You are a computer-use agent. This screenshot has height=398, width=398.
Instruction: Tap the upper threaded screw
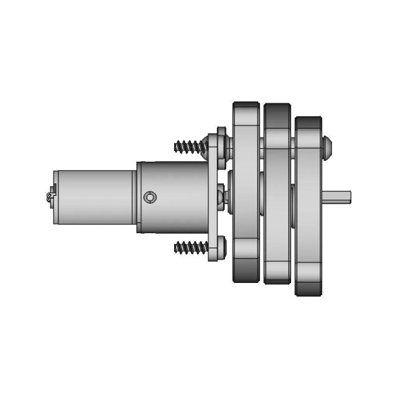(190, 147)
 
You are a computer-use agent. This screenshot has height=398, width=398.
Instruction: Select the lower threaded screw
(190, 247)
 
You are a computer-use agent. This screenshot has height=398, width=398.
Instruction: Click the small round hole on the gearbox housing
(150, 197)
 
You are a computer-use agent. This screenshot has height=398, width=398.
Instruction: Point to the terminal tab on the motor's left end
(50, 197)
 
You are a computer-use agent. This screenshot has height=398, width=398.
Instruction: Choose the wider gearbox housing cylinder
(173, 197)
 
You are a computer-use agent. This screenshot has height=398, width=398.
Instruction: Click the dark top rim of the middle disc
(277, 111)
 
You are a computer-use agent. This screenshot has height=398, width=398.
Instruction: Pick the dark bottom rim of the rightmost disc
(308, 287)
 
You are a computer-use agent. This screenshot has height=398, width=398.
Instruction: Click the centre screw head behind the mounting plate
(221, 197)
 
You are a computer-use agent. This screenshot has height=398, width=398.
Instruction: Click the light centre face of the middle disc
(277, 197)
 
